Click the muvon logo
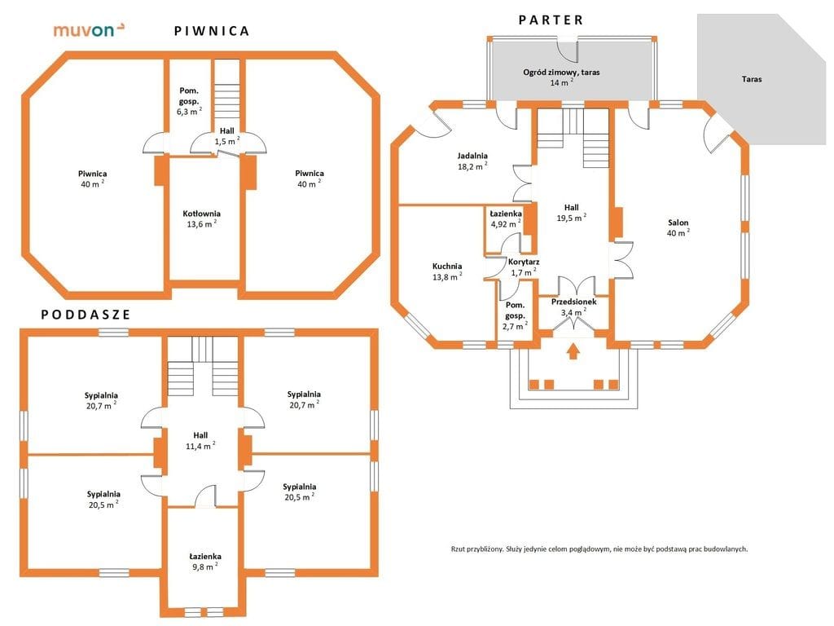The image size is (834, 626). coord(90,30)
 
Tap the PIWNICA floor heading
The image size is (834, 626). coord(212,31)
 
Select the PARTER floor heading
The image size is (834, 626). coord(551,20)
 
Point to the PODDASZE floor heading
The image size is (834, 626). coord(86,315)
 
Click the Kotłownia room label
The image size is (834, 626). coord(202,218)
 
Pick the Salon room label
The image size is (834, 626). coord(678,227)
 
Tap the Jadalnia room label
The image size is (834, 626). coord(472,161)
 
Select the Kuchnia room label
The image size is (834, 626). coord(447,271)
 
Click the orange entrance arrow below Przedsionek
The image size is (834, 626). coord(573,352)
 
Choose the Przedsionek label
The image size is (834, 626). coord(574,307)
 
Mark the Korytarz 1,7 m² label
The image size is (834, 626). coord(524,267)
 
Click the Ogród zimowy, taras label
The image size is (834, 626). coord(561,77)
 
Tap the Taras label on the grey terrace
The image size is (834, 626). coord(752,79)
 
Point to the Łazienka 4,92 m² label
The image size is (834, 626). coord(506,218)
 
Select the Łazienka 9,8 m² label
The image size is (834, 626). coord(205,562)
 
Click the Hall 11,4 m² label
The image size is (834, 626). coord(200,441)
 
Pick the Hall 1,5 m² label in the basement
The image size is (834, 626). coord(227,136)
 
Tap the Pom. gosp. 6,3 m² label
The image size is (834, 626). coord(189,101)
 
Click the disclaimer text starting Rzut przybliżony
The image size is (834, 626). coord(599,549)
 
